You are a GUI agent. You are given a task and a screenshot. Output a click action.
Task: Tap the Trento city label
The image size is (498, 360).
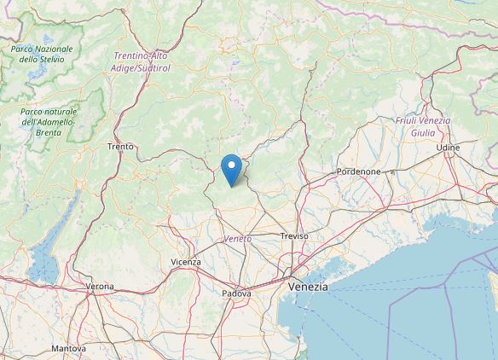point(120,147)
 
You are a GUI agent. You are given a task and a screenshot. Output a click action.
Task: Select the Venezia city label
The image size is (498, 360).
point(308,287)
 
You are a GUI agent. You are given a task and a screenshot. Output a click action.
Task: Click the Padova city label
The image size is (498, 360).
point(237,293)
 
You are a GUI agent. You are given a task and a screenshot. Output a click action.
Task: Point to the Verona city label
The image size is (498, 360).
point(100,286)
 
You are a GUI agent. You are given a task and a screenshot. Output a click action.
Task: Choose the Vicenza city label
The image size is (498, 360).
point(186,262)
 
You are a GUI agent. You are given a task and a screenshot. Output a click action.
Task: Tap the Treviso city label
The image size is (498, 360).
point(294,235)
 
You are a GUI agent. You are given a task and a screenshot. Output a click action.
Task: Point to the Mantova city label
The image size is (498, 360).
point(68,349)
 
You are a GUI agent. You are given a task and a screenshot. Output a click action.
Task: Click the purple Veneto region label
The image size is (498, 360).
point(239,239)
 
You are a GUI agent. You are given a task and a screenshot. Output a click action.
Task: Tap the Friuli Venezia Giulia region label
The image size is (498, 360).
point(423,126)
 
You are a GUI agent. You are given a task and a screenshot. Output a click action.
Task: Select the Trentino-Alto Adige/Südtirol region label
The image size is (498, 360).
point(141,61)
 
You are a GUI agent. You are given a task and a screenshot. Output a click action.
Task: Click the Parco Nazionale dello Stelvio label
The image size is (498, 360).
point(41,55)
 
